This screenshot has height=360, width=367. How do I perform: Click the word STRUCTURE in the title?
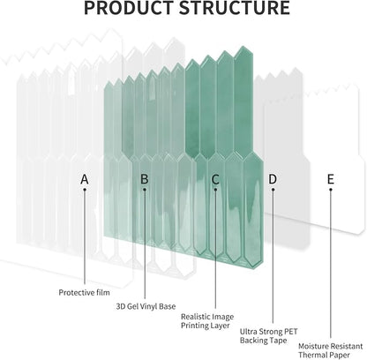(x=235, y=7)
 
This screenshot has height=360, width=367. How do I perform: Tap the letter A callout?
(x=85, y=179)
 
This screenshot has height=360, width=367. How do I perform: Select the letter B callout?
(x=145, y=179)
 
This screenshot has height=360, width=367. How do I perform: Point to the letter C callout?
(x=215, y=179)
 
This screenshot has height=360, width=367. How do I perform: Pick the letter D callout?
(x=273, y=179)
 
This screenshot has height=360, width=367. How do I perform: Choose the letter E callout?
(x=331, y=179)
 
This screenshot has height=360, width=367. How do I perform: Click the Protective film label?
(x=84, y=292)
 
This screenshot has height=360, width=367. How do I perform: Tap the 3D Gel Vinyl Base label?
(x=146, y=306)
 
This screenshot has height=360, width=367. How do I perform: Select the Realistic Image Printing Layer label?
(x=207, y=321)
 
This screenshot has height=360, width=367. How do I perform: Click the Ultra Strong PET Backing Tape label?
(x=269, y=336)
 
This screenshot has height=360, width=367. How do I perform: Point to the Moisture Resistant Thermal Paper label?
(x=330, y=350)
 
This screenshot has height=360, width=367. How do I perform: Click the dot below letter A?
(x=85, y=190)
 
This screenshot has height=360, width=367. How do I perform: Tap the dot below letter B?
(x=145, y=190)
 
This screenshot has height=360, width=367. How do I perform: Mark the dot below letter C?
(x=215, y=190)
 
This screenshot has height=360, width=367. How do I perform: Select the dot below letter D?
(x=273, y=190)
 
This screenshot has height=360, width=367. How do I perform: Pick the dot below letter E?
(x=331, y=190)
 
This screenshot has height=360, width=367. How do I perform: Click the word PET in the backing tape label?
(x=290, y=332)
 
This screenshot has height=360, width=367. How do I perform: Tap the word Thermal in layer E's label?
(x=312, y=355)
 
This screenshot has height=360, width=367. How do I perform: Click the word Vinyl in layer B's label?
(x=148, y=306)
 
